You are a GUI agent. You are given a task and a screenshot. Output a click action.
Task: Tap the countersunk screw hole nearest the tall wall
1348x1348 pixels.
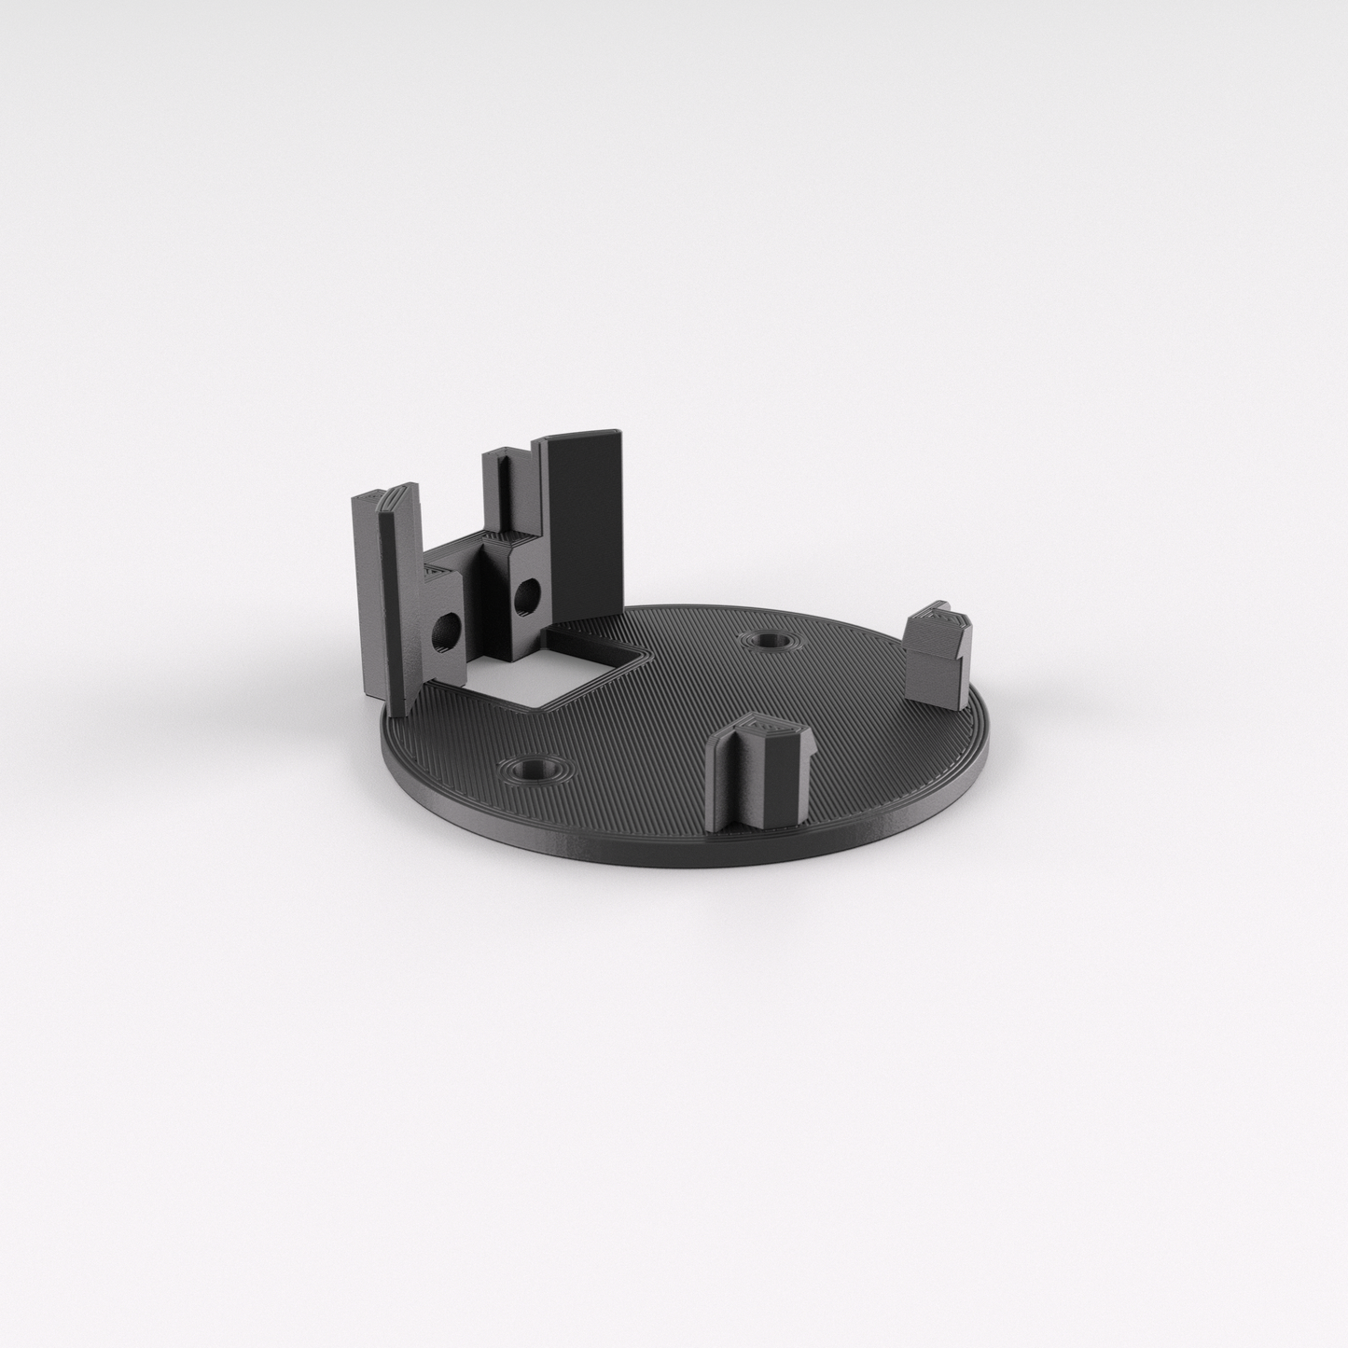point(768,641)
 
